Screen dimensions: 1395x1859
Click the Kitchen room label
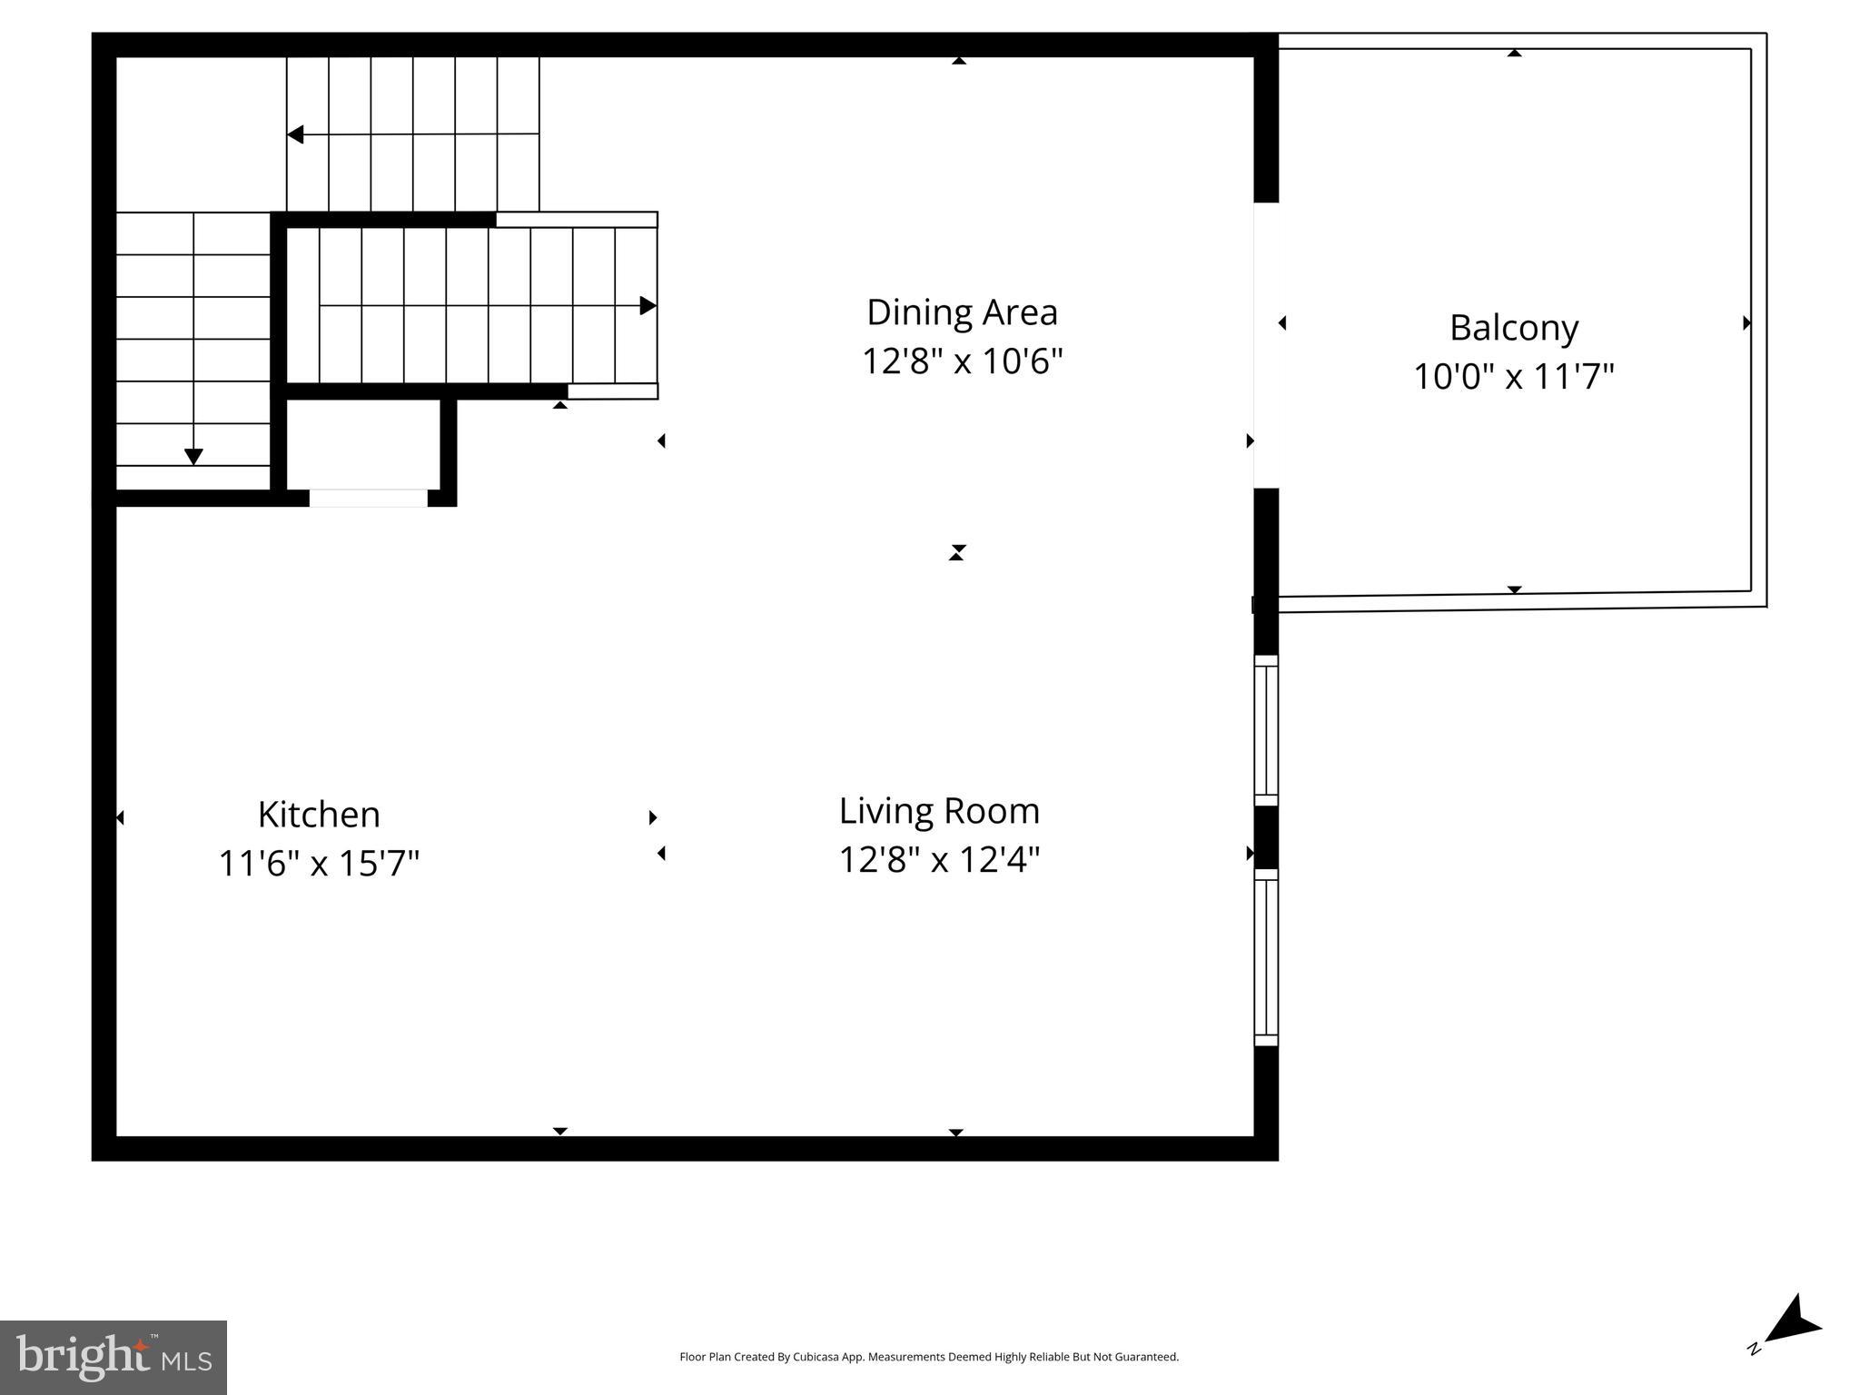[319, 815]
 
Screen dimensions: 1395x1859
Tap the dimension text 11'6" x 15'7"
[319, 863]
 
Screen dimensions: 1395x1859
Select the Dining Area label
[962, 312]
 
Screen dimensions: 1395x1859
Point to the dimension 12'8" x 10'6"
[962, 361]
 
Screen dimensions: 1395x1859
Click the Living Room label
[939, 811]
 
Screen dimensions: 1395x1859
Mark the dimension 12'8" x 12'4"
[939, 859]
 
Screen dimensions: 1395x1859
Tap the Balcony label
[1513, 328]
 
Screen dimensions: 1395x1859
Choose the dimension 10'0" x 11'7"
[1513, 376]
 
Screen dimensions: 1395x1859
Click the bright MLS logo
[113, 1357]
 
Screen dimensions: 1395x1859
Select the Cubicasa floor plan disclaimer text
[929, 1357]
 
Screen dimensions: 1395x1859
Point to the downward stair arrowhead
[193, 457]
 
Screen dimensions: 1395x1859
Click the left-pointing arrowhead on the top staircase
[295, 135]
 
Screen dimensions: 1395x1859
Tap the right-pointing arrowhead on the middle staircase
[648, 305]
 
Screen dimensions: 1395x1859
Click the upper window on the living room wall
[1266, 730]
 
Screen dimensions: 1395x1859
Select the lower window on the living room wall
[1266, 957]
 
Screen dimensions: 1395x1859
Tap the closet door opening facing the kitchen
[368, 498]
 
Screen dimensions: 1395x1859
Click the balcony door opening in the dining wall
[1266, 345]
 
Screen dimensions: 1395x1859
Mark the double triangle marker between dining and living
[956, 552]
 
